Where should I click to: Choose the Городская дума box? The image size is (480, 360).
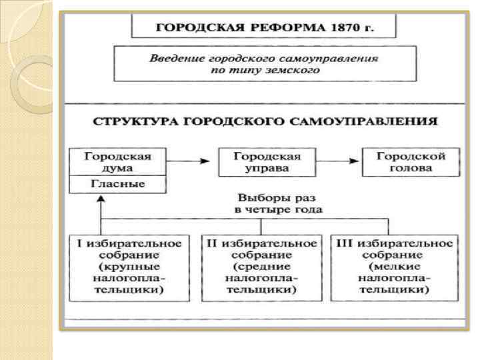(117, 162)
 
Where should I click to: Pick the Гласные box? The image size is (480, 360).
(117, 184)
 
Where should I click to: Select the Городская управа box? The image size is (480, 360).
(267, 162)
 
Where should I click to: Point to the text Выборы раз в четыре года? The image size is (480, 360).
(278, 203)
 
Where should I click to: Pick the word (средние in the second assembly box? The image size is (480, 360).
(261, 267)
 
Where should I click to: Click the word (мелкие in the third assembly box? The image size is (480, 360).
(395, 267)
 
